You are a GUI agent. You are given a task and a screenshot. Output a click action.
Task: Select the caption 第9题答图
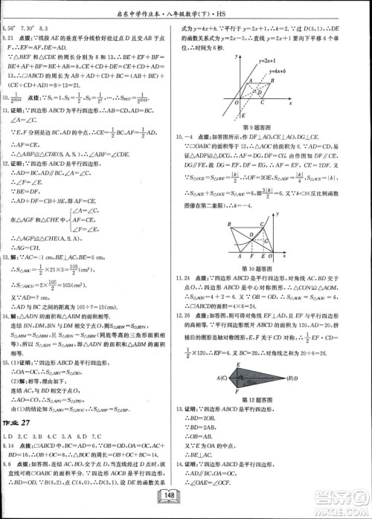254,126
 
